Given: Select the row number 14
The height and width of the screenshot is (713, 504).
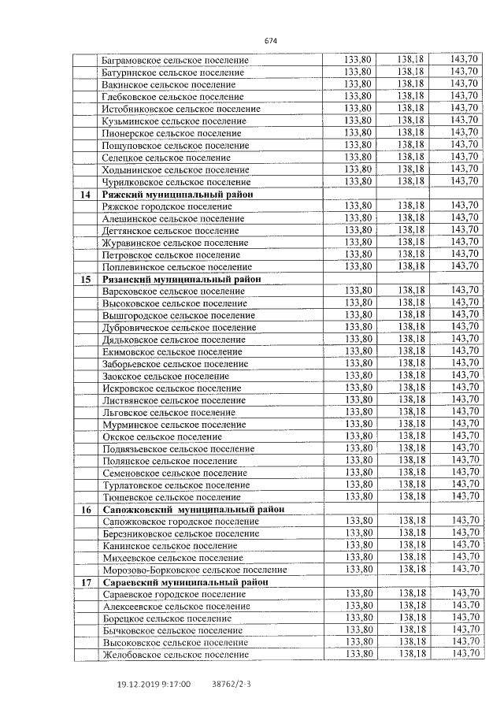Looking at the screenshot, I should pyautogui.click(x=86, y=194).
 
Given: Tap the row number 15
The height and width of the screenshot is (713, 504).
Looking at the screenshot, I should pyautogui.click(x=86, y=279).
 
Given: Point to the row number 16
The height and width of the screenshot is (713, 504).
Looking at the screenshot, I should pyautogui.click(x=86, y=509).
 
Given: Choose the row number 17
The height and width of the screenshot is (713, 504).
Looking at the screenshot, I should pyautogui.click(x=86, y=581).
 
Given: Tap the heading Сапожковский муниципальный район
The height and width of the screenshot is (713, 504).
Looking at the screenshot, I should pyautogui.click(x=194, y=509).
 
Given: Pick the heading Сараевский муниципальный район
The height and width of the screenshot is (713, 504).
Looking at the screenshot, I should pyautogui.click(x=186, y=581).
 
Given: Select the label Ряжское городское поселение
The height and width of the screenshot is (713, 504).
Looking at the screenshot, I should pyautogui.click(x=164, y=206).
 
